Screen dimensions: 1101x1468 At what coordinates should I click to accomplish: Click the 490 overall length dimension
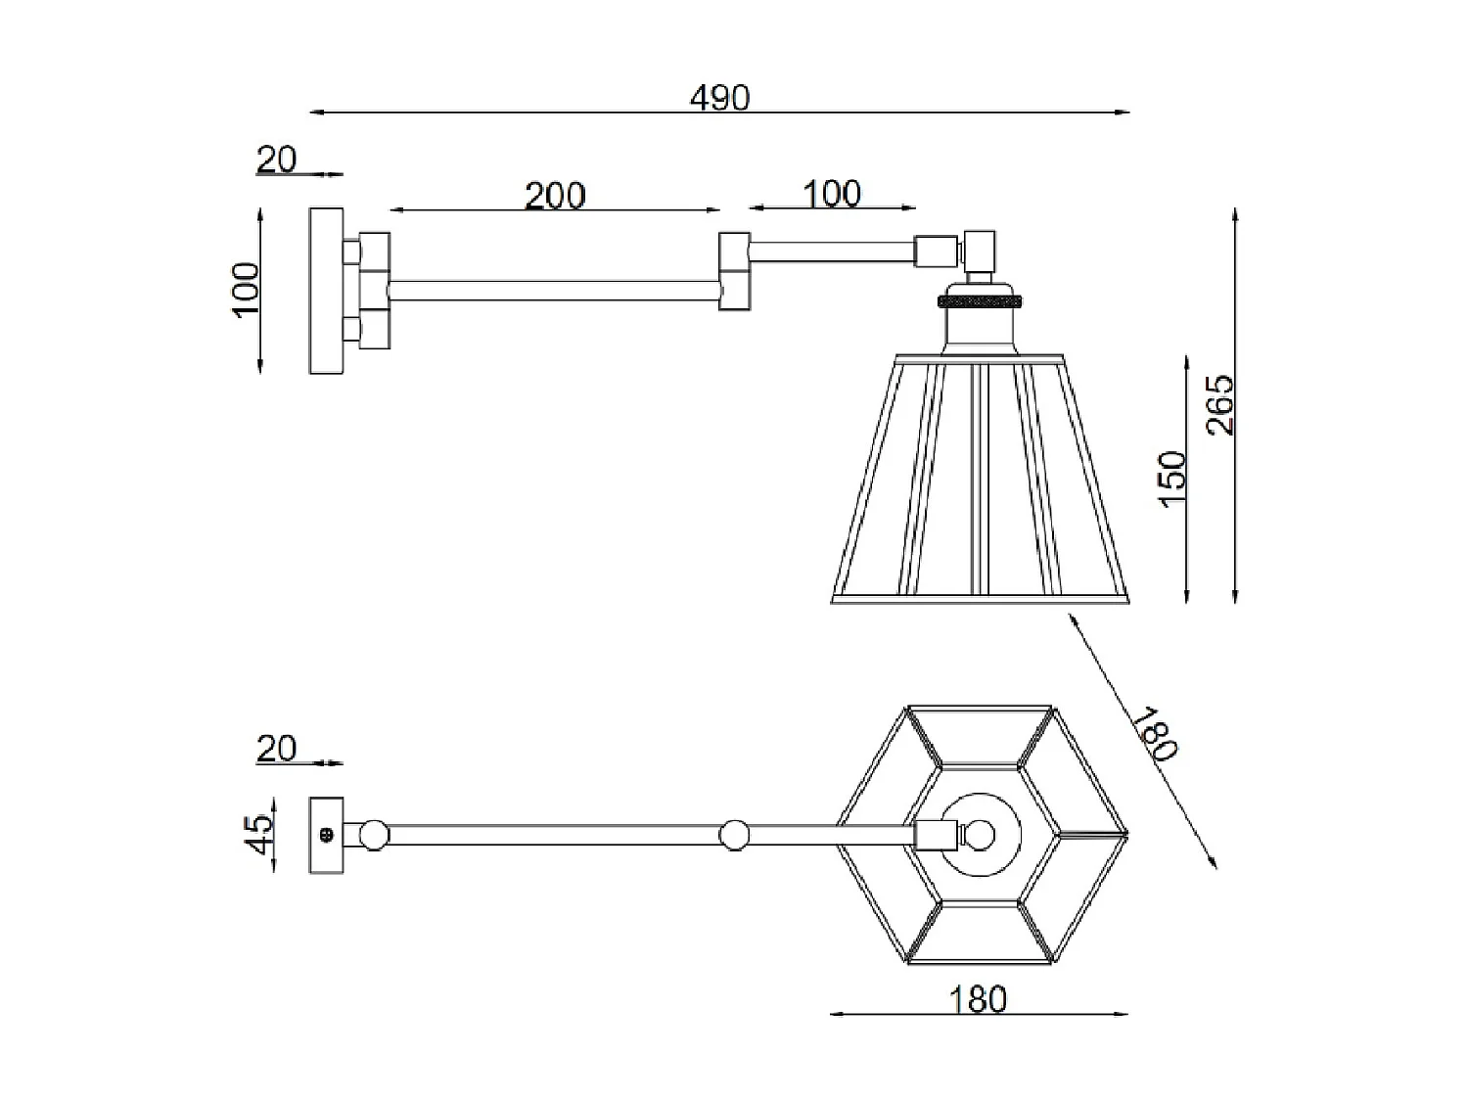click(x=719, y=98)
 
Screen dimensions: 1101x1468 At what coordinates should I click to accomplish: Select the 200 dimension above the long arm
click(x=555, y=196)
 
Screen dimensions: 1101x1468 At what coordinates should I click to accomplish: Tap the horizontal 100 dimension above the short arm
click(x=832, y=193)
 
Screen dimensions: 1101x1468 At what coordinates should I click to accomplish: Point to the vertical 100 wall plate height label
click(x=247, y=289)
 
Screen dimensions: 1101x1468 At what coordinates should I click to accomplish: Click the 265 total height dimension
click(x=1220, y=404)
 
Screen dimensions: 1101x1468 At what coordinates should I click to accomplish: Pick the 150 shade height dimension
click(x=1171, y=478)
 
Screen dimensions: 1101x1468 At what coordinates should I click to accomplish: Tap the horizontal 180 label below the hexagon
click(x=978, y=999)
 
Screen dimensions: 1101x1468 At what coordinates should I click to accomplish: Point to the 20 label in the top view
click(x=276, y=748)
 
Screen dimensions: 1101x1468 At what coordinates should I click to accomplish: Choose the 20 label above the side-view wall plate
click(x=276, y=159)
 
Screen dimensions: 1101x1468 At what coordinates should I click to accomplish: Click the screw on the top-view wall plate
click(x=326, y=835)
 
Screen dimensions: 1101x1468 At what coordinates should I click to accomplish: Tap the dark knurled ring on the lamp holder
click(x=980, y=299)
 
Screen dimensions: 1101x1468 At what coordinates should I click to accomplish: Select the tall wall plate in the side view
click(x=326, y=290)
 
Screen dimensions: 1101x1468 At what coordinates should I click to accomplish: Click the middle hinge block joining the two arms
click(x=734, y=271)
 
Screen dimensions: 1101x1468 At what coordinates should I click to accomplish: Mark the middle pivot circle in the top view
click(x=734, y=836)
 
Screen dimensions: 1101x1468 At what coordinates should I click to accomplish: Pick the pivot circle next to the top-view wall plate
click(x=373, y=836)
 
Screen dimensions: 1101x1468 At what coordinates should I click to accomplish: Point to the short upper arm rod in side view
click(x=832, y=252)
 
